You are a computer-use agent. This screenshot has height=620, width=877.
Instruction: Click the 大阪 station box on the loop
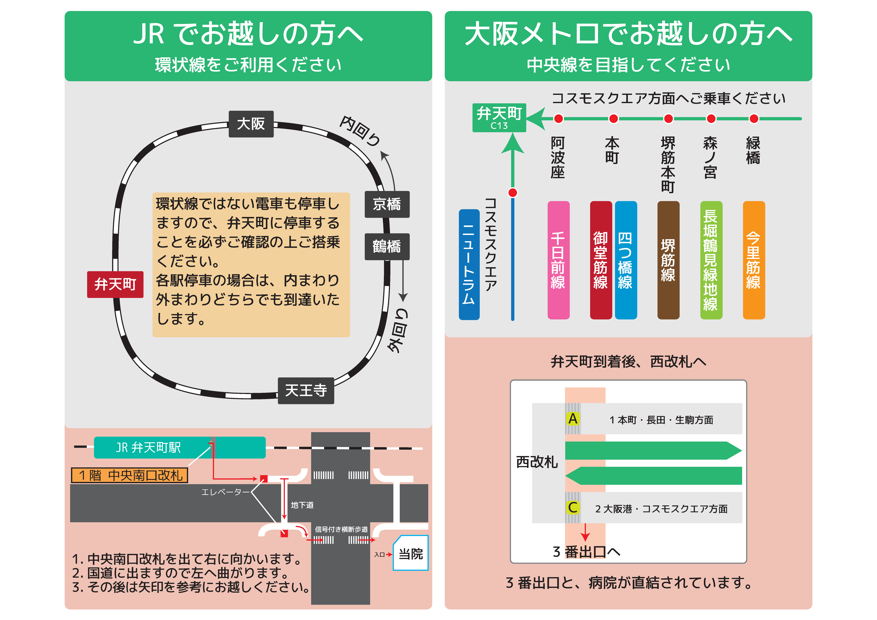pos(251,124)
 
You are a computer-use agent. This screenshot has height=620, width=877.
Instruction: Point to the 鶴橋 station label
pos(387,246)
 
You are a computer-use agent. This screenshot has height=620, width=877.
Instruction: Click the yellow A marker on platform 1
pos(573,419)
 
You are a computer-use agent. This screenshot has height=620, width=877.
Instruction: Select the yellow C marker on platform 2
pos(573,508)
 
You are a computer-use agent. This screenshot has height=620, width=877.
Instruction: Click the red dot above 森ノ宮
pos(711,119)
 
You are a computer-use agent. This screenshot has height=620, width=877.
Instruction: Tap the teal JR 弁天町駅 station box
pos(179,447)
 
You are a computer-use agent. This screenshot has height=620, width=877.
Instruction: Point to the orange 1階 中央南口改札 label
pos(129,475)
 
